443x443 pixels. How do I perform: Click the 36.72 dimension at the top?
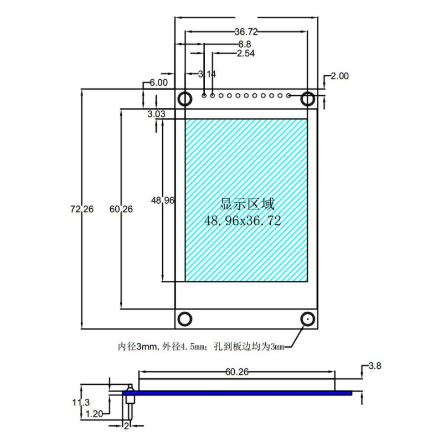coord(246,32)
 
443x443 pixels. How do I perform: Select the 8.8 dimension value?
coord(244,44)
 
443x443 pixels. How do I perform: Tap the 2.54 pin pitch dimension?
coord(245,54)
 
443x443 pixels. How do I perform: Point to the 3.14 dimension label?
coord(207,74)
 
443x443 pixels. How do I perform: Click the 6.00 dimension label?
coord(158,83)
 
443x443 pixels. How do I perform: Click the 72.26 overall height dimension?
coord(83,209)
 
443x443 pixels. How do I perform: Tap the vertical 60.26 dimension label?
coord(121,209)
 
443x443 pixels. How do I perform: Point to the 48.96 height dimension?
coord(163,201)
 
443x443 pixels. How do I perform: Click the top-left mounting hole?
coord(185,99)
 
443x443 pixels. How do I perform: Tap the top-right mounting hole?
coord(308,99)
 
